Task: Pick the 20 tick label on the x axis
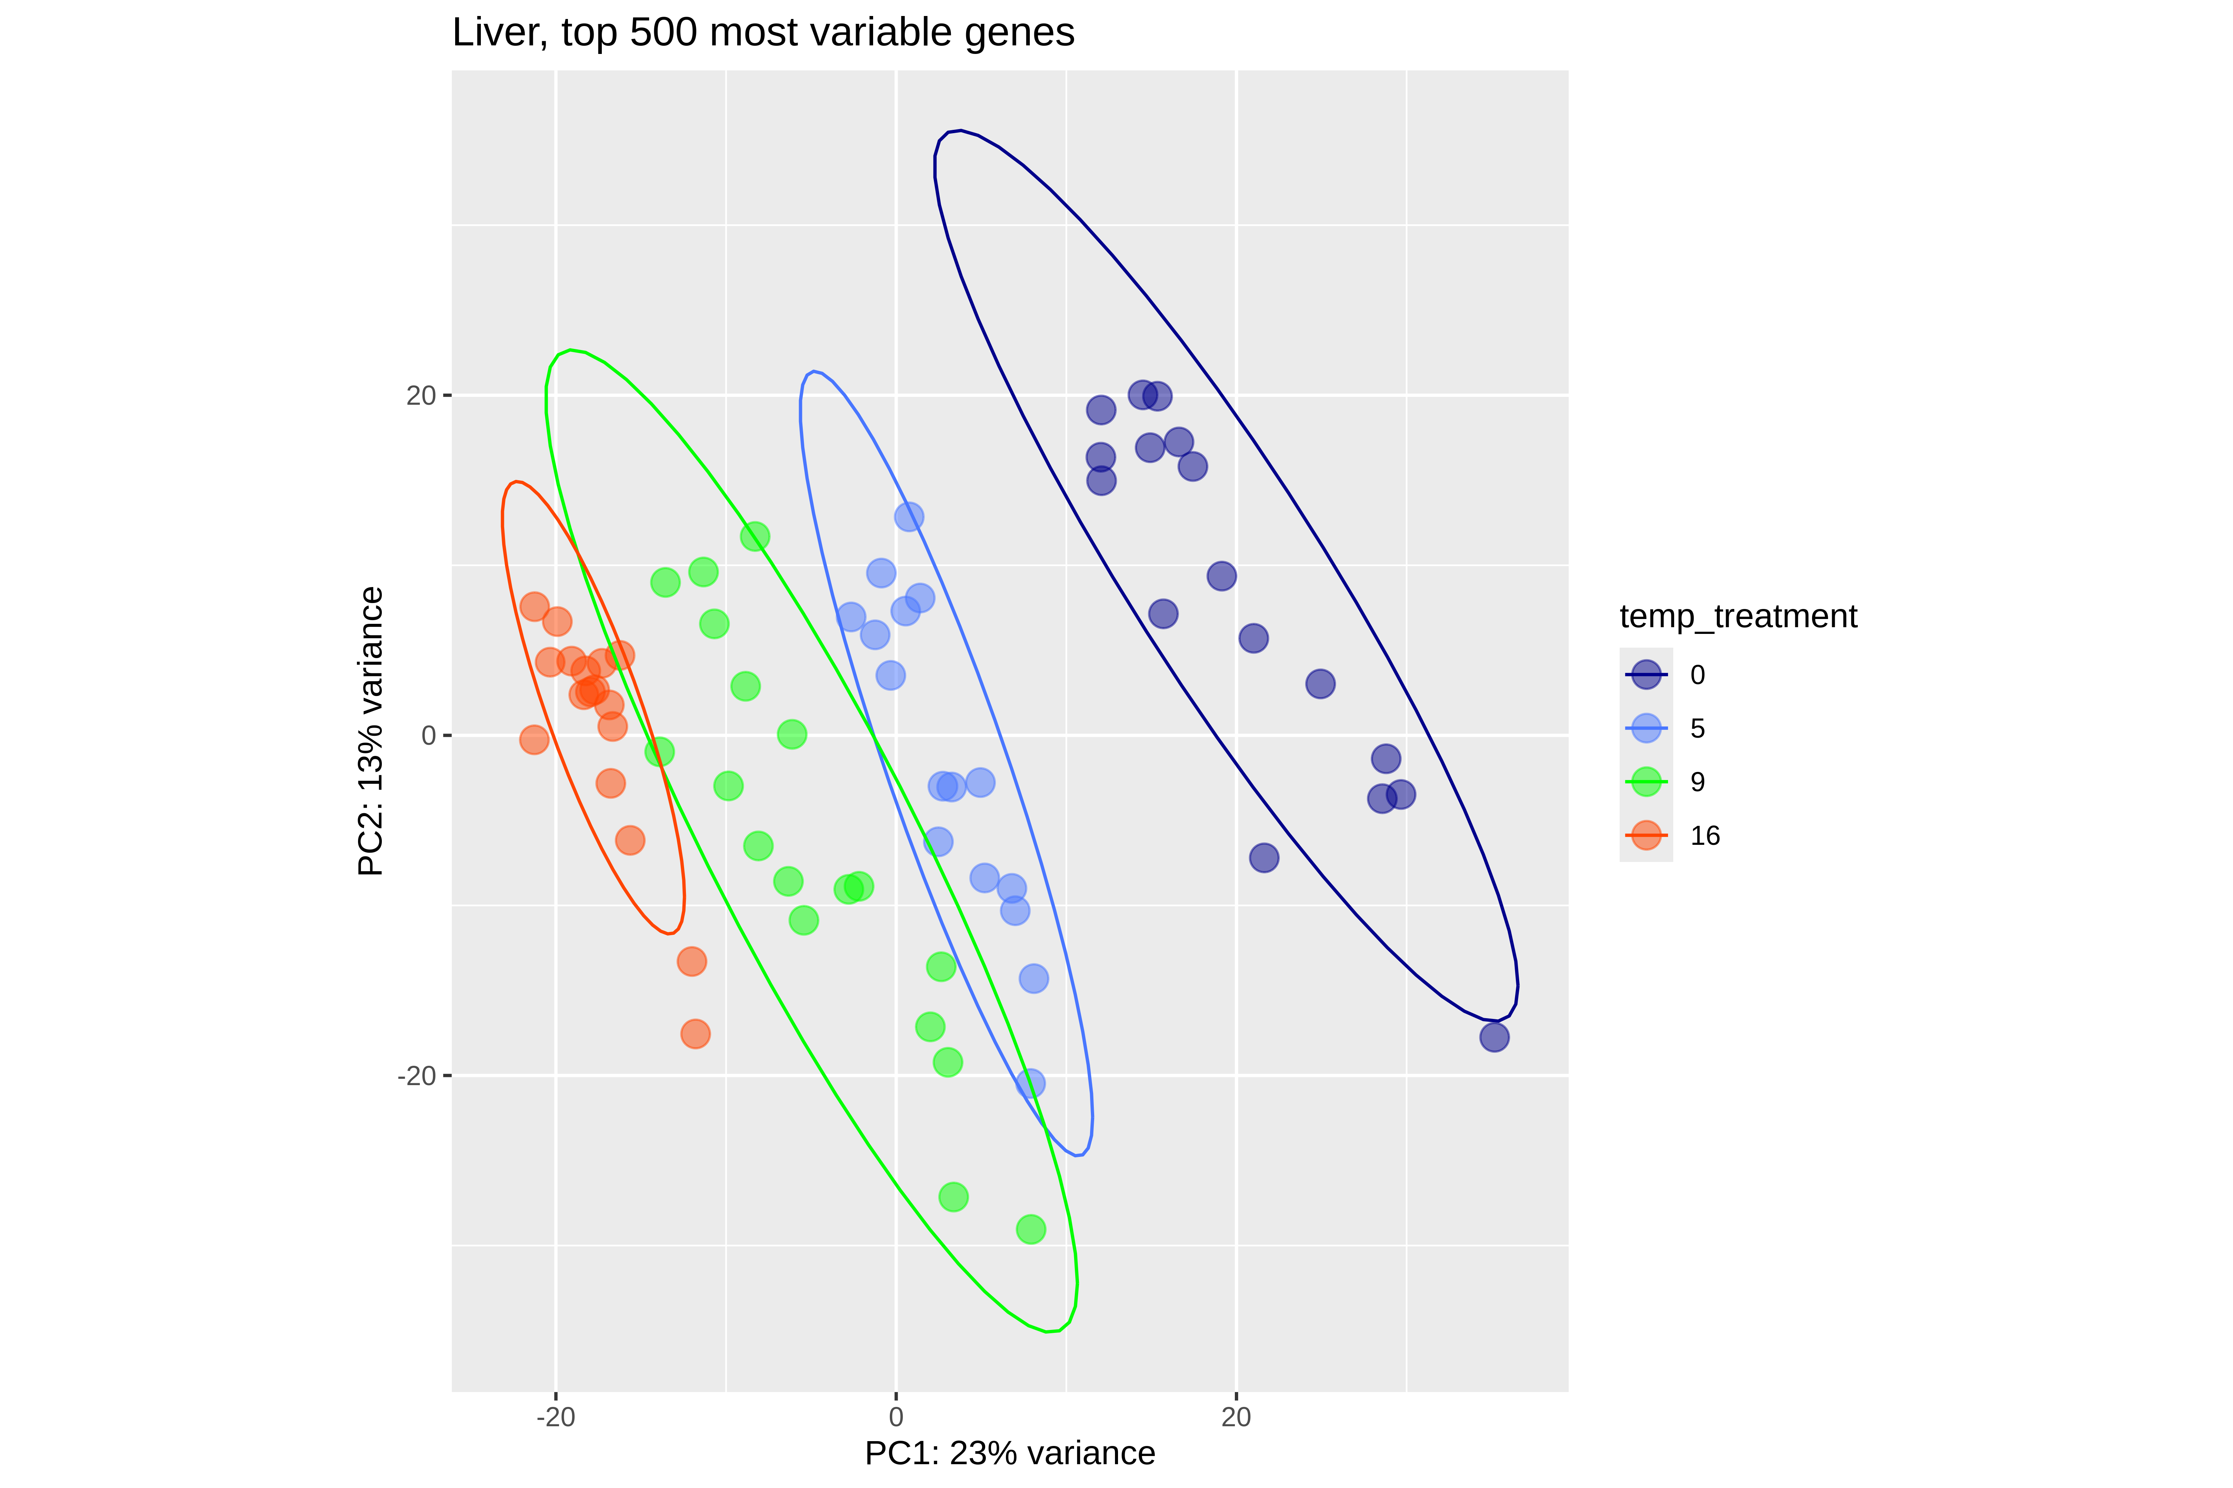(x=1236, y=1418)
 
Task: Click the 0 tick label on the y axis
(x=428, y=735)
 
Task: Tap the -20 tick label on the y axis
(x=416, y=1076)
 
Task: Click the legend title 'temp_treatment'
(x=1737, y=617)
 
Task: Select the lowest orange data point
(x=695, y=1033)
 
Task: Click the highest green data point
(x=755, y=536)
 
